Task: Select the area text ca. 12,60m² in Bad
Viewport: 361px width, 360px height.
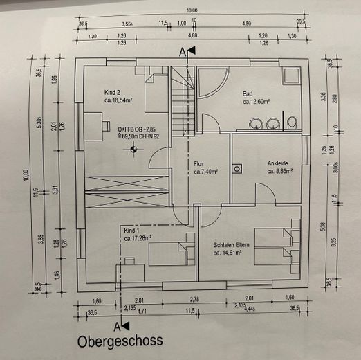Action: click(260, 102)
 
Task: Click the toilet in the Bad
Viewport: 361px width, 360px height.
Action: click(292, 123)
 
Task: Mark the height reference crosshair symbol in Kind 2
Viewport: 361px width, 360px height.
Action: click(132, 149)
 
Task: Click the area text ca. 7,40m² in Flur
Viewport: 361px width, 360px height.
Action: click(205, 172)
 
